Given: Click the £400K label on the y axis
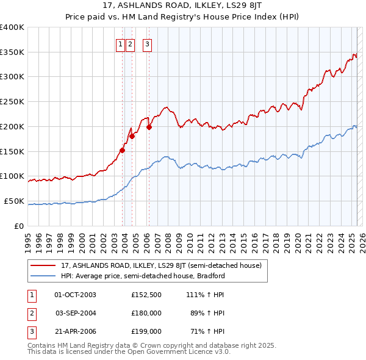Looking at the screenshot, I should point(12,27).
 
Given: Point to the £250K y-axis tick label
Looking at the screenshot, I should point(12,102).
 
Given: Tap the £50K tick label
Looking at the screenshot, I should point(15,201).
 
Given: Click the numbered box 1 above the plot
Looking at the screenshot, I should point(121,44).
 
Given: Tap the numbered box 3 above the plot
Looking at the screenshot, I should point(148,44).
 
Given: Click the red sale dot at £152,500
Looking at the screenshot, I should point(123,150).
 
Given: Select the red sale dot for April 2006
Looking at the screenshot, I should point(149,127).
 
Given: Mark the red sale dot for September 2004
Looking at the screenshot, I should point(132,137).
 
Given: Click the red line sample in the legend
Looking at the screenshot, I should point(43,266).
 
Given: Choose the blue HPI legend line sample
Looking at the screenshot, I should point(43,276).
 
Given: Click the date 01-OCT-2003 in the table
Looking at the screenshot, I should point(75,295).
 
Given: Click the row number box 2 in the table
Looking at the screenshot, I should point(31,313).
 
